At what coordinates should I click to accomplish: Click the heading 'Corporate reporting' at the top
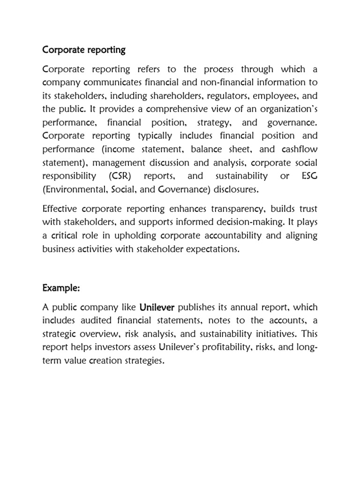[x=84, y=49]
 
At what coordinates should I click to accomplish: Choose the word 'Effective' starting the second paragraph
[x=60, y=209]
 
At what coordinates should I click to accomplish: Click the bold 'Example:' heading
[x=61, y=288]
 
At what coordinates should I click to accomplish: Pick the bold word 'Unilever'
[x=157, y=307]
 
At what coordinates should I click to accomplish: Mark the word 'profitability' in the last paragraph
[x=231, y=347]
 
